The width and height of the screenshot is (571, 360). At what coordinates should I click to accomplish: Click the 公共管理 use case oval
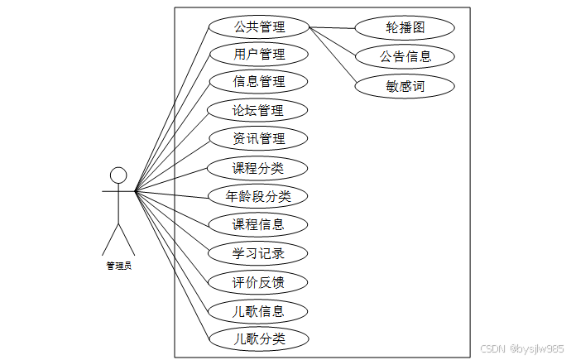tap(259, 26)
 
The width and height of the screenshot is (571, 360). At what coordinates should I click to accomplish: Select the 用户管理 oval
tap(259, 55)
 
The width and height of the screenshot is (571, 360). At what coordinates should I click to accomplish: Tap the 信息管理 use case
tap(259, 82)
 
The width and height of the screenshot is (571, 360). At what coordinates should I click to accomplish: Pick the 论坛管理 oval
tap(259, 110)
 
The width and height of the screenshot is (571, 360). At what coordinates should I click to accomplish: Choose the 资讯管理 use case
tap(259, 138)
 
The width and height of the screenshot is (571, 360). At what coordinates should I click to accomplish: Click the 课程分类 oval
tap(259, 168)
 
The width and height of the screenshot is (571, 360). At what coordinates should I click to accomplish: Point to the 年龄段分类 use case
tap(259, 196)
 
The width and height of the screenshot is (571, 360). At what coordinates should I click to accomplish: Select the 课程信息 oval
tap(259, 224)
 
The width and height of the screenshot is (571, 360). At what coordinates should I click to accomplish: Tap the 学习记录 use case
tap(259, 253)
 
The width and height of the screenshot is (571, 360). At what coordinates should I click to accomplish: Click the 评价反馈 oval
tap(259, 282)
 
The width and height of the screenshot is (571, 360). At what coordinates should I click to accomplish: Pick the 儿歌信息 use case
tap(259, 311)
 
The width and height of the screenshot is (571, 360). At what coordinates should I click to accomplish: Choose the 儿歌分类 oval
tap(259, 338)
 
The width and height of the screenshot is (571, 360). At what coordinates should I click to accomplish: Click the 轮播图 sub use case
tap(405, 27)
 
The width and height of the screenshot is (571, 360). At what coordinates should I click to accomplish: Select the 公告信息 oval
tap(405, 56)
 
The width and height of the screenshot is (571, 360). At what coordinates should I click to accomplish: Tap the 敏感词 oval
tap(405, 85)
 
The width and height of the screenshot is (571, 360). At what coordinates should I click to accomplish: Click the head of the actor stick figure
tap(118, 175)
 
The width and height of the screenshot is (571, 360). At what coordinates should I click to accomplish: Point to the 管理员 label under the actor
tap(118, 266)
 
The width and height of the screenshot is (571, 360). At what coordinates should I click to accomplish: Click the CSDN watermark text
tap(521, 349)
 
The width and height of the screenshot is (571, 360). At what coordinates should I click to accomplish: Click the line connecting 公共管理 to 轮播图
tap(332, 27)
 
